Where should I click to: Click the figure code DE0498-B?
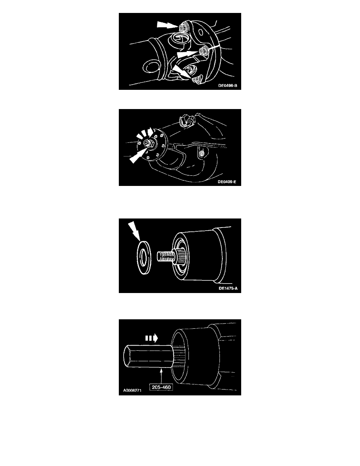(x=228, y=86)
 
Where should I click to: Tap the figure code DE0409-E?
(x=227, y=182)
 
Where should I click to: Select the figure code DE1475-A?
(x=228, y=288)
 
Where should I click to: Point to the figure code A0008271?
(x=132, y=390)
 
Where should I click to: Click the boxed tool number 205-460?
(x=161, y=387)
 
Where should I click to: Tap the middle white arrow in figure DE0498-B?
(x=187, y=54)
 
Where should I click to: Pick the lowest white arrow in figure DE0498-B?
(x=183, y=72)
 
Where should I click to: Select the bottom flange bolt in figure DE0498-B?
(x=196, y=80)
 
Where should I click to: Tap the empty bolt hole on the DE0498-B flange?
(x=200, y=32)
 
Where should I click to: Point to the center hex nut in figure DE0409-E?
(x=147, y=144)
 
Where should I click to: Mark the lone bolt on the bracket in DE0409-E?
(x=202, y=154)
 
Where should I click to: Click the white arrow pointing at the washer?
(x=134, y=231)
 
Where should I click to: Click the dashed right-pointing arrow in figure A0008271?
(x=151, y=338)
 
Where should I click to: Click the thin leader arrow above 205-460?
(x=161, y=376)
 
